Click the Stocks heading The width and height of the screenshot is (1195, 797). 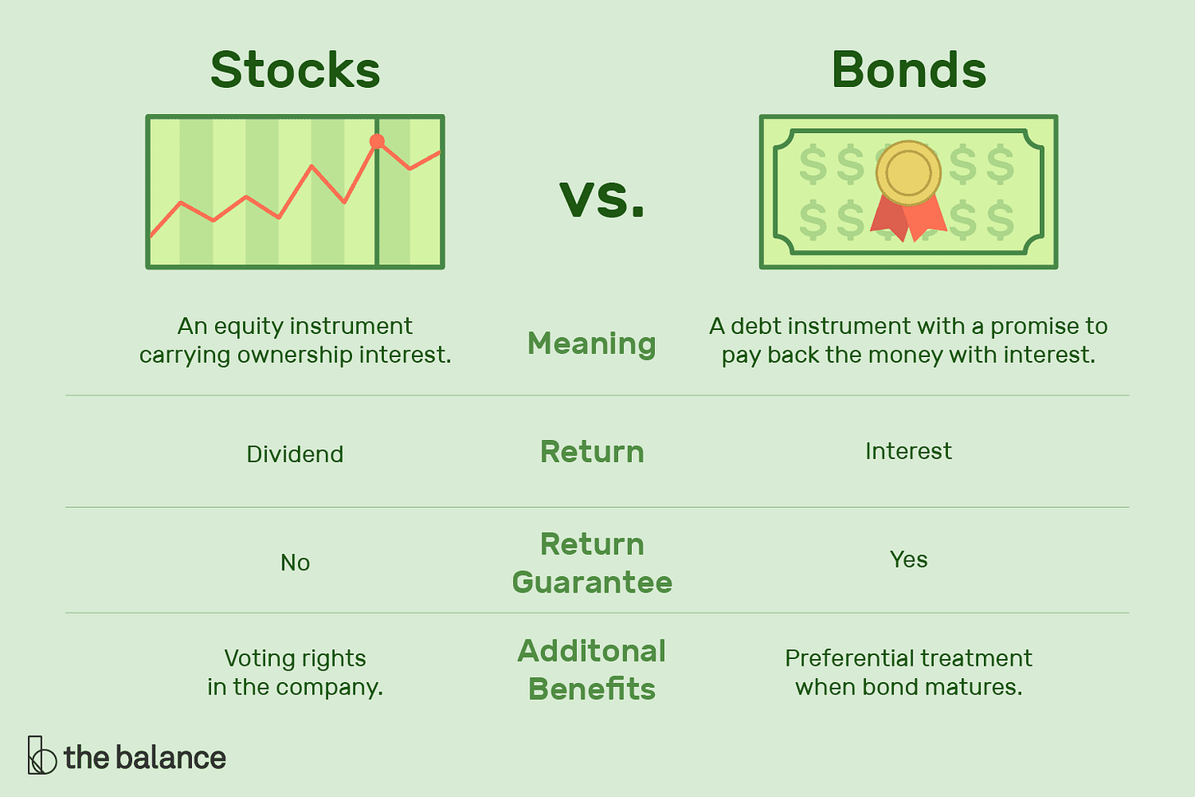point(295,70)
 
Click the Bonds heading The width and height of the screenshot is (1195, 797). point(909,70)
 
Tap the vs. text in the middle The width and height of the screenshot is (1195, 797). point(602,199)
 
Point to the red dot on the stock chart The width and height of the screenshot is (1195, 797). point(377,141)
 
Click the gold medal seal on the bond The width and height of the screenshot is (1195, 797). point(908,173)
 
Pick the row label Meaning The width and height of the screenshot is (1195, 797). point(592,343)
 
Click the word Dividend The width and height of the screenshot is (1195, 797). point(295,454)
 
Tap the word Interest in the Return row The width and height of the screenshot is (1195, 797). point(908,451)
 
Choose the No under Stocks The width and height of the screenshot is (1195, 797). point(295,562)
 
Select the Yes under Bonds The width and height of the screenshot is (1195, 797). point(909,559)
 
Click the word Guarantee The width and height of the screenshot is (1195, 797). point(592,582)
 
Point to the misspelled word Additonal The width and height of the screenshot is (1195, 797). point(592,651)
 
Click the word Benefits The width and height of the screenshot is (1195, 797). point(592,689)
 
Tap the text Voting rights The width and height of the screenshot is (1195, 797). point(295,658)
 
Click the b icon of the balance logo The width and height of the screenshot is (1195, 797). point(41,755)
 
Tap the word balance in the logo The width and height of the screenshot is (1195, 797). point(174,757)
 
